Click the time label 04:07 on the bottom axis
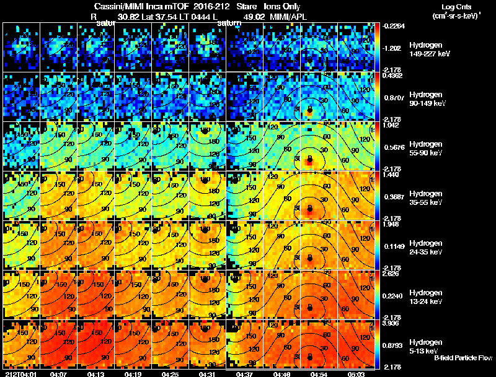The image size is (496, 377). click(x=58, y=373)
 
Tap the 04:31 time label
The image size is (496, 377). click(x=208, y=373)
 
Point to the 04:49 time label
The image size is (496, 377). click(x=283, y=373)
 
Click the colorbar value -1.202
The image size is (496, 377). click(x=393, y=48)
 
